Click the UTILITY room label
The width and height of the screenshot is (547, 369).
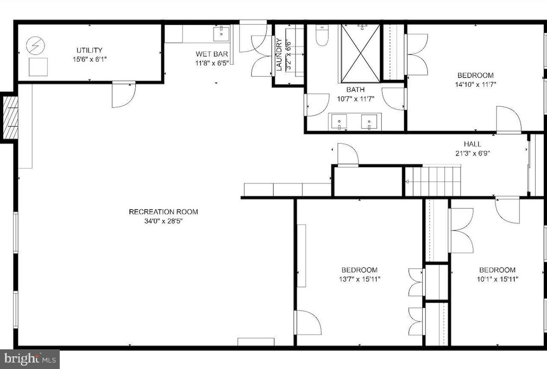coord(89,50)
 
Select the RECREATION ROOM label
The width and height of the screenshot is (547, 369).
coord(163,212)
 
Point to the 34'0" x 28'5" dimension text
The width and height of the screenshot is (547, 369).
coord(163,221)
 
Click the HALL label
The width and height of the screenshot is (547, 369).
coord(472,144)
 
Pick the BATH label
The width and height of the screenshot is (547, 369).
coord(355,90)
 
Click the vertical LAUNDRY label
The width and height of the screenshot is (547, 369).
coord(279,54)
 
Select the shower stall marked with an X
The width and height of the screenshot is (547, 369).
coord(361,53)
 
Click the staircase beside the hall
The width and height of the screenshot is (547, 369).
coord(433,181)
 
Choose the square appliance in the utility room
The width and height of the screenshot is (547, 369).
coord(38,67)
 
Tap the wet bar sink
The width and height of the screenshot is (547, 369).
coord(222,33)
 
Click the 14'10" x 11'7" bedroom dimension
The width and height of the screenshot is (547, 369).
coord(475,84)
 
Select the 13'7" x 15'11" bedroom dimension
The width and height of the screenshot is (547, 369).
coord(359,279)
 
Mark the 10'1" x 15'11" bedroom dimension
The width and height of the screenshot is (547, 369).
coord(497,279)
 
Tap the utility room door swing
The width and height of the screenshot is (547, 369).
coord(123,95)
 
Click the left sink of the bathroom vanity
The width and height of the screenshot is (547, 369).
coord(339,122)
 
